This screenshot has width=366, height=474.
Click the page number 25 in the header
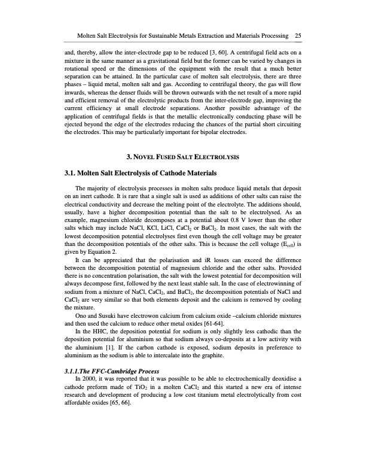tap(297, 35)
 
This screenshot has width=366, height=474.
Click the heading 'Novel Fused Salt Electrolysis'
tap(183, 157)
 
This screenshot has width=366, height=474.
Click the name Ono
tap(81, 314)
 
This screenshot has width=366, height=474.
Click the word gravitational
tap(169, 61)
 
